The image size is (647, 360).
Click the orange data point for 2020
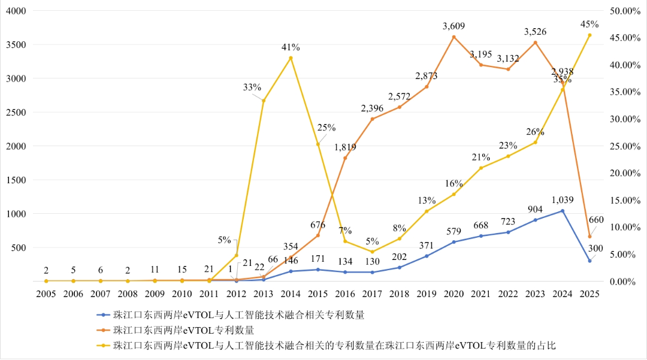click(x=453, y=37)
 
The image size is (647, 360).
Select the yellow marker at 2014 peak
click(x=291, y=58)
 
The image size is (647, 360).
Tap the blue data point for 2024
click(x=563, y=211)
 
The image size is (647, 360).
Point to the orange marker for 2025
click(x=589, y=236)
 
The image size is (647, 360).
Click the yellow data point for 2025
click(x=589, y=35)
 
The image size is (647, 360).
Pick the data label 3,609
click(x=453, y=26)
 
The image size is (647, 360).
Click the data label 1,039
click(x=562, y=200)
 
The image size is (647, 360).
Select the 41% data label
click(x=291, y=47)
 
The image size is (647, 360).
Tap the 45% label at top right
click(x=589, y=25)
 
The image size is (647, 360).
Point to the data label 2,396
click(x=372, y=108)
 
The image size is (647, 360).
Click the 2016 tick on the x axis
click(x=345, y=294)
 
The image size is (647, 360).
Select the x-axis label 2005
click(x=46, y=294)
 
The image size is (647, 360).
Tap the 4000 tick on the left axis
click(x=16, y=11)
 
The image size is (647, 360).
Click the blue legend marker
click(x=104, y=314)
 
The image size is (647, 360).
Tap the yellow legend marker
click(x=104, y=346)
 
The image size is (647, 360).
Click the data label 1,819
click(x=345, y=147)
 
